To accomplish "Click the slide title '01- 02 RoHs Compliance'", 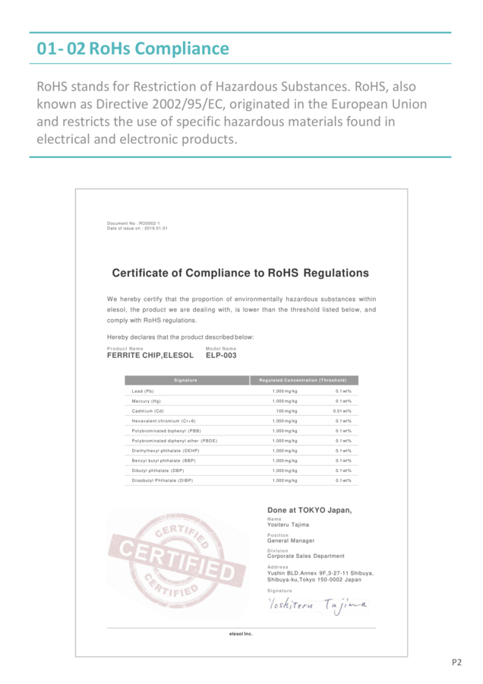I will click(x=133, y=49).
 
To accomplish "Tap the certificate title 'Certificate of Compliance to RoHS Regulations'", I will click(x=240, y=273).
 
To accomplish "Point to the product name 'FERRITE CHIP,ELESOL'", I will click(x=150, y=355).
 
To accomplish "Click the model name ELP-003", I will click(x=221, y=355).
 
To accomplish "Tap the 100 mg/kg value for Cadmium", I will click(x=286, y=410).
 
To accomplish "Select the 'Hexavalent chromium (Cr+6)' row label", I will click(x=163, y=420).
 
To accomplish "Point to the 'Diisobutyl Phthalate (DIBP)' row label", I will click(x=162, y=480).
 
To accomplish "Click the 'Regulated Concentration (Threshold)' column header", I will click(x=302, y=380).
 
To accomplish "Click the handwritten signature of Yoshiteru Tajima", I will click(x=317, y=605).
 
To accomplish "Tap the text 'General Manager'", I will click(x=291, y=540).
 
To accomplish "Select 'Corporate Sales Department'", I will click(x=305, y=556).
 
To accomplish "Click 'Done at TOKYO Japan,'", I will click(x=309, y=510).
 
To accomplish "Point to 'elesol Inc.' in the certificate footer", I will click(x=241, y=634).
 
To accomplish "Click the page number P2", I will click(x=456, y=662).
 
